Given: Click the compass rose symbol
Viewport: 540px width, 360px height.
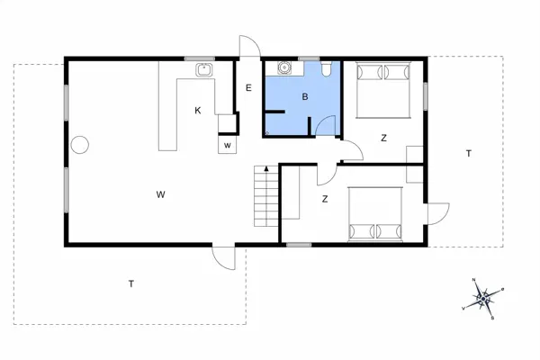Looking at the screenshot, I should [484, 296].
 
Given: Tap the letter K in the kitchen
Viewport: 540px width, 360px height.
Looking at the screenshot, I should [197, 111].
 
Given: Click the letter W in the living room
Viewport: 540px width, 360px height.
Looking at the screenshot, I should [160, 194].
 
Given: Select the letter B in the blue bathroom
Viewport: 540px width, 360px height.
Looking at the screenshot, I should [305, 96].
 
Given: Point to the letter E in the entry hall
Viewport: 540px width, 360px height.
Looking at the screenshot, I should [248, 87].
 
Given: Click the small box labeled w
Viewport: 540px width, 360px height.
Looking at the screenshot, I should [228, 145].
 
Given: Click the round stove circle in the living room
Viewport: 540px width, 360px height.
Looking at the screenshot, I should [79, 144].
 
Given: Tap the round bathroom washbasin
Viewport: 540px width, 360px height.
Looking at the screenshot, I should [284, 67].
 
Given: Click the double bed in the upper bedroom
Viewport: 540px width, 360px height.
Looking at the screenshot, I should [384, 89].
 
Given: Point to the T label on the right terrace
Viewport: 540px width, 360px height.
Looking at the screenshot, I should [468, 154].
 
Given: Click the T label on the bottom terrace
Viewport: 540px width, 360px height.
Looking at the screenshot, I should [130, 284].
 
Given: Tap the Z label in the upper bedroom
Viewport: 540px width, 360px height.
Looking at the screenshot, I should [383, 138].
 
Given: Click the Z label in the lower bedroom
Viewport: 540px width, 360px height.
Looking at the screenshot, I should [324, 200].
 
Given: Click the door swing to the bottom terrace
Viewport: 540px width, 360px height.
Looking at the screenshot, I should [224, 257].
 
